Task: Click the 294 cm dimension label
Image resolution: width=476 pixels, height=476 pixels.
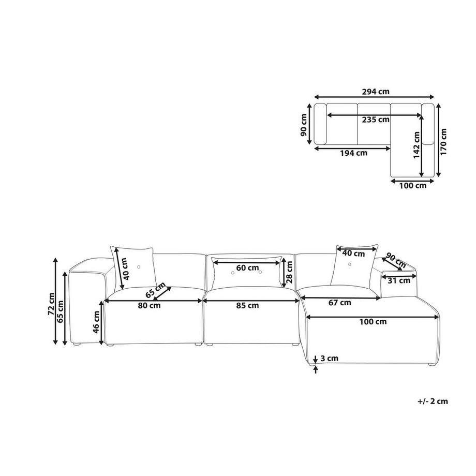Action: [376, 92]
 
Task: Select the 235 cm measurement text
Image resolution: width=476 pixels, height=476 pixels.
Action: [376, 120]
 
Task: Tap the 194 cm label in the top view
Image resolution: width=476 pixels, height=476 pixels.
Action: [353, 153]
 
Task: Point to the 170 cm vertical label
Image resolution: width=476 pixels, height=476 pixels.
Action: [443, 141]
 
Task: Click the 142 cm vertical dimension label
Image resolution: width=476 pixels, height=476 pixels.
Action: [416, 145]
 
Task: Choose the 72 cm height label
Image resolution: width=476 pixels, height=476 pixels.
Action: [51, 304]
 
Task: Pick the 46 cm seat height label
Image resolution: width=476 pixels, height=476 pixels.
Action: [96, 322]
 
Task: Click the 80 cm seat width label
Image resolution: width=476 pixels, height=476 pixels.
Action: [149, 305]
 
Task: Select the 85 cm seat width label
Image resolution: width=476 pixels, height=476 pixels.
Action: [247, 305]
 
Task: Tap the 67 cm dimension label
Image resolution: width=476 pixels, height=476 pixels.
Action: [340, 302]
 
